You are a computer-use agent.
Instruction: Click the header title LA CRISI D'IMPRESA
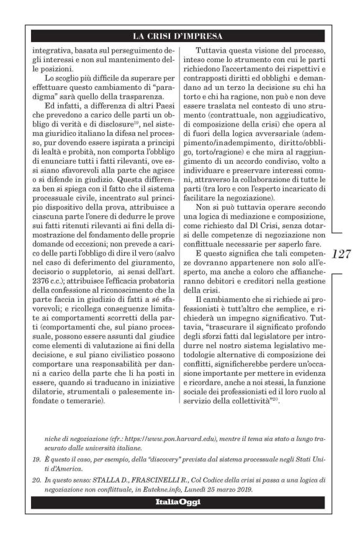[x=179, y=35]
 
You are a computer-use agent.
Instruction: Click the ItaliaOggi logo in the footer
[x=179, y=501]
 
